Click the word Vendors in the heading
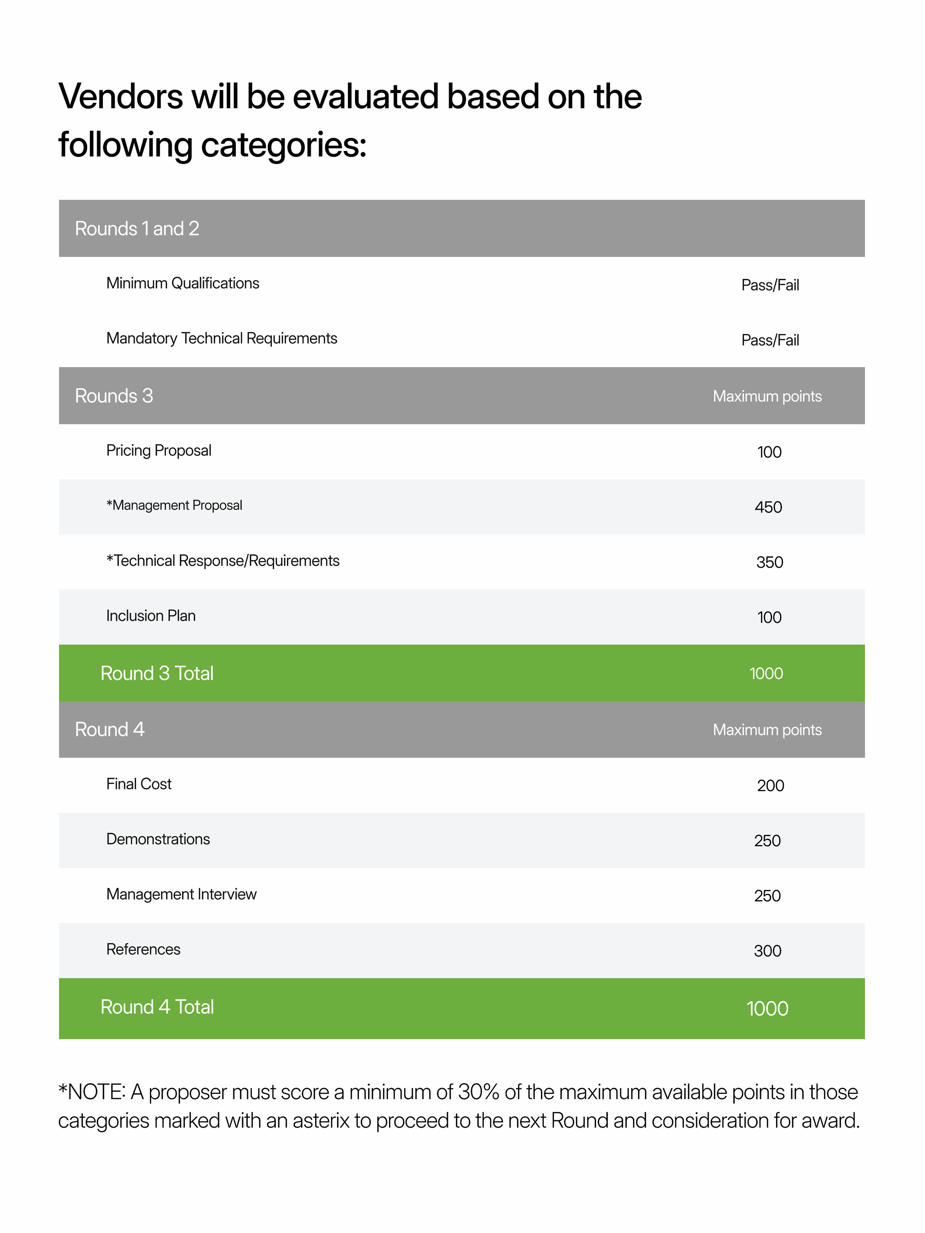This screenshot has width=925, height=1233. point(120,96)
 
